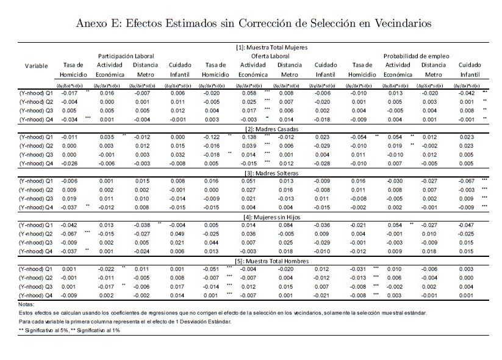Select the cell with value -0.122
coord(212,138)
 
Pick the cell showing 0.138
coord(249,138)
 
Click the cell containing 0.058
coord(249,94)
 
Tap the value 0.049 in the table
coord(176,234)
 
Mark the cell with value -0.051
coord(212,270)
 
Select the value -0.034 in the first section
coord(70,120)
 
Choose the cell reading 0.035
coord(107,138)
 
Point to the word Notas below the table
coord(27,304)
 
